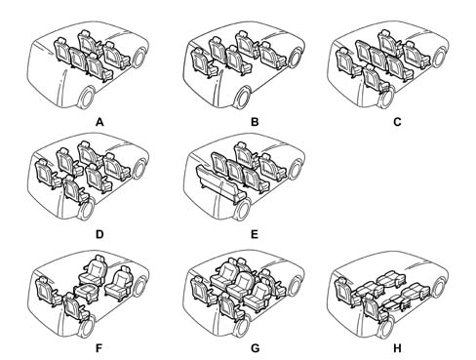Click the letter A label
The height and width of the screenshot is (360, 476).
(x=99, y=122)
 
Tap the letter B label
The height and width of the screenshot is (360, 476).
(x=255, y=122)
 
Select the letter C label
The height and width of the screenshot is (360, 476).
(x=397, y=122)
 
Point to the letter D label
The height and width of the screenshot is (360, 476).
(x=99, y=234)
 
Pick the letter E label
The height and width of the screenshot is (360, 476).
(x=255, y=234)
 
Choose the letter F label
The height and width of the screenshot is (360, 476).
(x=99, y=348)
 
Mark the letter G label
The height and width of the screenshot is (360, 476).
(x=256, y=348)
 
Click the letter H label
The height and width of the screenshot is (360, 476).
(x=397, y=348)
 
